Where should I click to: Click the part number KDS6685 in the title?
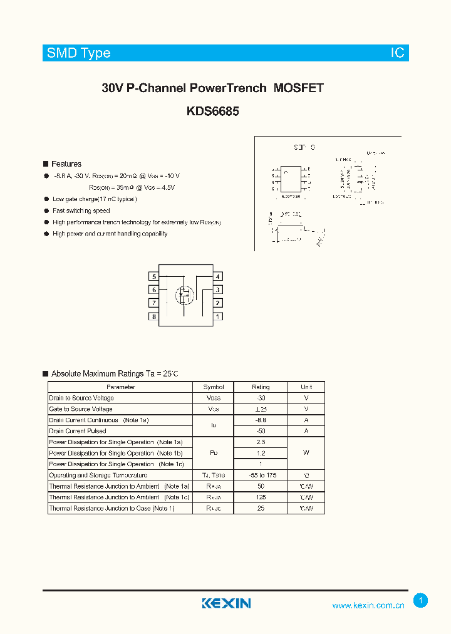212,112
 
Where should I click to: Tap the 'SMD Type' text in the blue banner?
78,53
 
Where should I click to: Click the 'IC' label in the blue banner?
398,53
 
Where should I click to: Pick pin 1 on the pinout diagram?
217,316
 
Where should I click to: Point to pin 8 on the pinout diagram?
153,316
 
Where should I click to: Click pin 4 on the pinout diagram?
217,276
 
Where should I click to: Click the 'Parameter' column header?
121,387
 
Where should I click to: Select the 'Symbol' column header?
214,387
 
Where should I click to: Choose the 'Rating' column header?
261,387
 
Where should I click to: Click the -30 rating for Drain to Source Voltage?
261,398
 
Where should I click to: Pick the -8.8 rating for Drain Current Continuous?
261,420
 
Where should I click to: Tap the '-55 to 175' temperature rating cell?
261,476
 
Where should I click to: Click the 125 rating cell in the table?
261,497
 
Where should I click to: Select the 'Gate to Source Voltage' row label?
81,409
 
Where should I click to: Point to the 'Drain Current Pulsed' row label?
78,431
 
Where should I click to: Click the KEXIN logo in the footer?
226,603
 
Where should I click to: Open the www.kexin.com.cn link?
368,605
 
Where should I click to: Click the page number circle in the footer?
421,601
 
